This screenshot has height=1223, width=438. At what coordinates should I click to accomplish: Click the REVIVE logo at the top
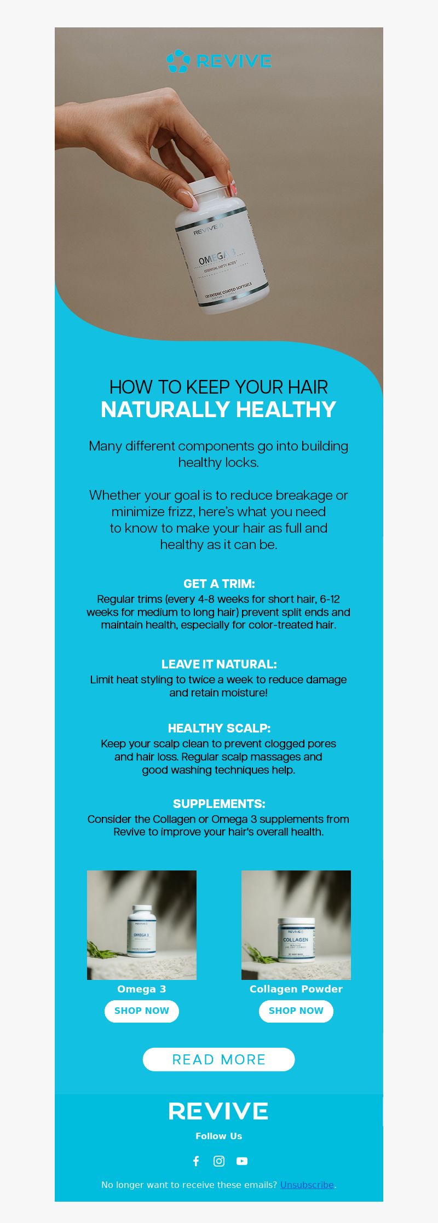tap(219, 61)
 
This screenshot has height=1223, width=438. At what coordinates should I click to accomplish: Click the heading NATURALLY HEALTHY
tap(218, 409)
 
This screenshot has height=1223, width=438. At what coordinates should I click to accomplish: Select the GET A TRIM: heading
tap(219, 584)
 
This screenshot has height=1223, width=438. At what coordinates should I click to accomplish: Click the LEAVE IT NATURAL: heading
tap(219, 664)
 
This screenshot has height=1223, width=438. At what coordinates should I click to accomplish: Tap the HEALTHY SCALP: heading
tap(219, 728)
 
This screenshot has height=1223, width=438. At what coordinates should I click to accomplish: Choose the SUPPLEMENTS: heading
tap(219, 804)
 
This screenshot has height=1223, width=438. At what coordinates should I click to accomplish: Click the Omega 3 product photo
tap(142, 925)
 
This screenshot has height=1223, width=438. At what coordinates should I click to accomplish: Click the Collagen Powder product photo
tap(296, 925)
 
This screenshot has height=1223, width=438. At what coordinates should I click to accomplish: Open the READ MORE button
tap(219, 1059)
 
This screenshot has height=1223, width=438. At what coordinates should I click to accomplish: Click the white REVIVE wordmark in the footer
tap(218, 1111)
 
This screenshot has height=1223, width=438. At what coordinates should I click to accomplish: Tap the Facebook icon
tap(196, 1161)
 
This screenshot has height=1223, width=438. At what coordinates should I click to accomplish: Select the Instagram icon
tap(219, 1161)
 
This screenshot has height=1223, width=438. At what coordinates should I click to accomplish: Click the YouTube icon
tap(242, 1161)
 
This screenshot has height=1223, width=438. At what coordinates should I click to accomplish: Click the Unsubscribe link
tap(307, 1185)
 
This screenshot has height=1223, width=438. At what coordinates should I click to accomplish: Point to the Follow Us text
tap(219, 1136)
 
